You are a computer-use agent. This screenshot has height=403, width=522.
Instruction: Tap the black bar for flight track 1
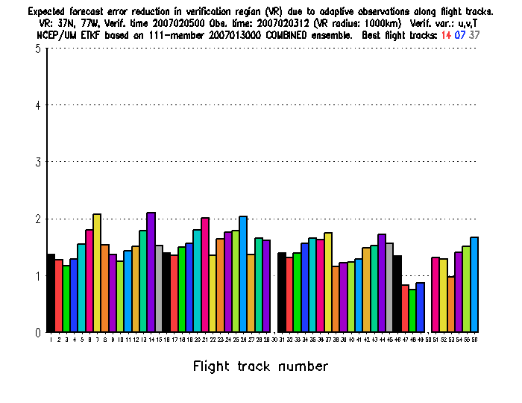point(51,293)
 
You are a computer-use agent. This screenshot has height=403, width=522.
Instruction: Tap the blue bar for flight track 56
point(474,284)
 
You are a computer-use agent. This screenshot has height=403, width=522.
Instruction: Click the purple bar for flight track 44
point(382,283)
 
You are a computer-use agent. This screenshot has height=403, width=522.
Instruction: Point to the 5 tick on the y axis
point(47,49)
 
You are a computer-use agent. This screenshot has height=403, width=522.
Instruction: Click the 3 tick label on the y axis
point(37,162)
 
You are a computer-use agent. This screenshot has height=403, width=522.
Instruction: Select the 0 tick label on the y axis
point(37,333)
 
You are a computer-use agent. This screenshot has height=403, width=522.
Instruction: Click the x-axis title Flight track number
point(260,366)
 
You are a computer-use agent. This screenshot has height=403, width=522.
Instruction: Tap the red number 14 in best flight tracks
point(445,34)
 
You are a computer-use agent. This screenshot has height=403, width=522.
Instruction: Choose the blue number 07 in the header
point(459,34)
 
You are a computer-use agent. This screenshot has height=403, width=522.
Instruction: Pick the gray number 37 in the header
point(474,34)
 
